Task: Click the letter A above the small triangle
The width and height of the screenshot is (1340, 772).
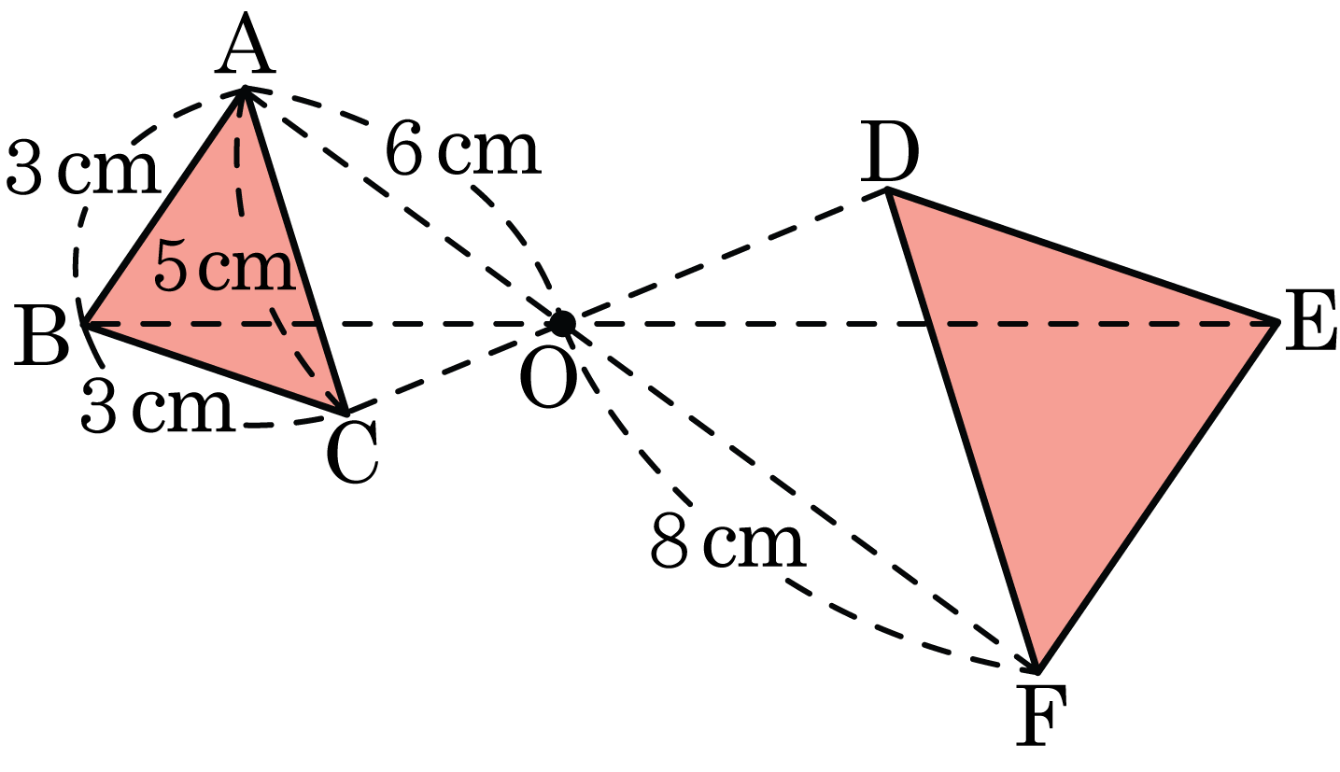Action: click(246, 46)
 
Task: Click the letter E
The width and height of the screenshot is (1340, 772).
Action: click(1309, 320)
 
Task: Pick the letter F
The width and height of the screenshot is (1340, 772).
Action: click(1041, 715)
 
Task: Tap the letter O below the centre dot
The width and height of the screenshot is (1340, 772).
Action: click(548, 378)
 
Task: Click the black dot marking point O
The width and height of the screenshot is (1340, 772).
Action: click(562, 324)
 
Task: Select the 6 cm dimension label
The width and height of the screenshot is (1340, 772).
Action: click(463, 149)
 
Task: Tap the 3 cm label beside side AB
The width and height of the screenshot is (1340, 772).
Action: click(83, 167)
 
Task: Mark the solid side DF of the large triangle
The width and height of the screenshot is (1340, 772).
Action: click(963, 430)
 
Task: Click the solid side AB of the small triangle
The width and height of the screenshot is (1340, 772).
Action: click(164, 206)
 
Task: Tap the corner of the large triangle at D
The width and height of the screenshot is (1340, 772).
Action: click(888, 190)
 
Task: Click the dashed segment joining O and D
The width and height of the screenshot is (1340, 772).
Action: click(725, 257)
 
